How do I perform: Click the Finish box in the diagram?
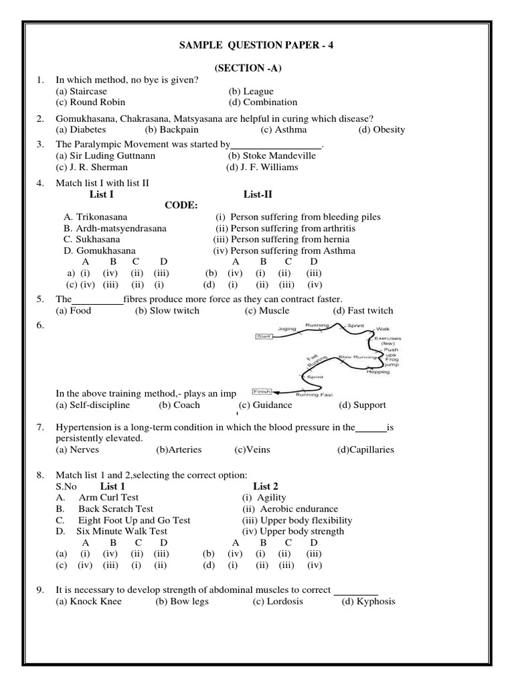261,391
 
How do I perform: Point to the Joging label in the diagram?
286,329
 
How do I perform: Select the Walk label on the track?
383,329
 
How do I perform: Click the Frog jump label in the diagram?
392,360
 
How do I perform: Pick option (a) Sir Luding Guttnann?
106,156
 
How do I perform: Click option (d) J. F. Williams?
262,167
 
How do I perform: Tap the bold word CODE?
181,206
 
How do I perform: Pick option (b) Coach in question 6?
175,405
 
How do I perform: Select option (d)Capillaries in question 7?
365,450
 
